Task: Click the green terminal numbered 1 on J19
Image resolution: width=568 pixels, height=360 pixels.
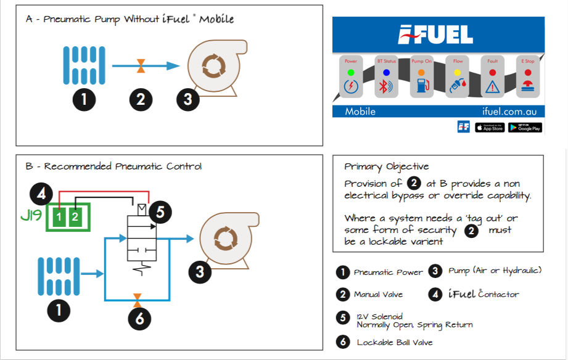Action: (x=59, y=216)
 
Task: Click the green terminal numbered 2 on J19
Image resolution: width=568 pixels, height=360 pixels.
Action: (x=75, y=216)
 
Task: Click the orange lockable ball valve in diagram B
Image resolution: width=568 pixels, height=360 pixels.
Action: (x=137, y=300)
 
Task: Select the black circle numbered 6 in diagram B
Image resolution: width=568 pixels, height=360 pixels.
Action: (x=140, y=319)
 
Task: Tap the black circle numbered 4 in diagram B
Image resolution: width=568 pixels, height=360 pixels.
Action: (x=41, y=195)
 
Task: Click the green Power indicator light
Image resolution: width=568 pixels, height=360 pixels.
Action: (x=350, y=72)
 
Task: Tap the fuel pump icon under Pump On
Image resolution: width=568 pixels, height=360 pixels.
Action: (x=421, y=86)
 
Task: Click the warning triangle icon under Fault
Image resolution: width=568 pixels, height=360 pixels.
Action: (x=492, y=87)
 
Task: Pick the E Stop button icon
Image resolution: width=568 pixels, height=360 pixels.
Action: (x=527, y=86)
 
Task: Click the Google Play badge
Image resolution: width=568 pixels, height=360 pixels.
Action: (x=525, y=127)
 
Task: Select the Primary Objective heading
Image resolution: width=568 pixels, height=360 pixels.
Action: (x=386, y=166)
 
